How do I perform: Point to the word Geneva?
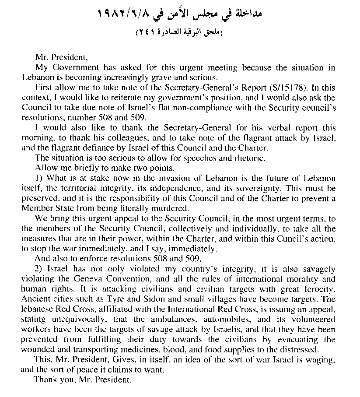coord(98,279)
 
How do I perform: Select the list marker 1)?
coord(38,178)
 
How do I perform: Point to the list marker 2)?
coord(38,268)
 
